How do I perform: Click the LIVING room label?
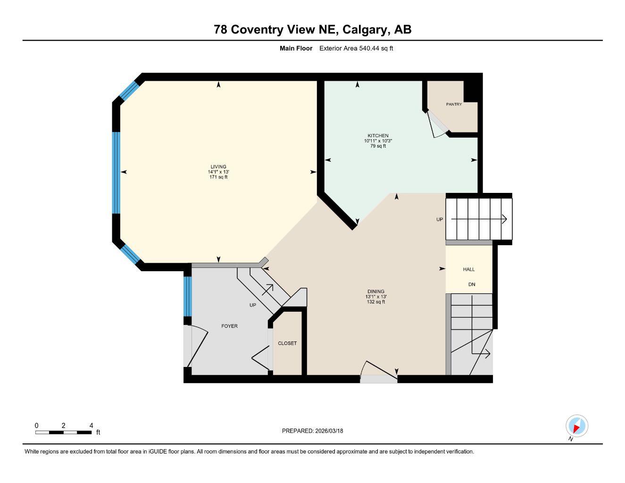tap(218, 167)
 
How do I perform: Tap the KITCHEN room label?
tap(378, 135)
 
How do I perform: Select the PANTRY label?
tap(454, 104)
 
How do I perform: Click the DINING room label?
tap(376, 291)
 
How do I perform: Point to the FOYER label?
tap(230, 326)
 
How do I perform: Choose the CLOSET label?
tap(287, 343)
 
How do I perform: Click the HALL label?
tap(469, 269)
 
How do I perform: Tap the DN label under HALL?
tap(472, 284)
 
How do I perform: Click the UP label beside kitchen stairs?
tap(440, 219)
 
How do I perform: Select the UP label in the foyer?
tap(253, 305)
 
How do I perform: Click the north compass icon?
tap(576, 426)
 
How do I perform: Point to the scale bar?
tap(64, 432)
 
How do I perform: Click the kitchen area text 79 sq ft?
tap(378, 146)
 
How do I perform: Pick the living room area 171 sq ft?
tap(218, 177)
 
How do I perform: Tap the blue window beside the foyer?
tap(187, 296)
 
